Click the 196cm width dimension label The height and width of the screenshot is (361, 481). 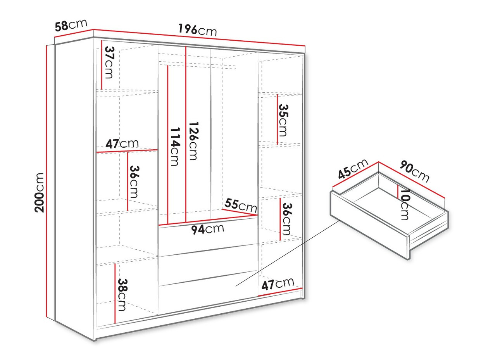pos(197,29)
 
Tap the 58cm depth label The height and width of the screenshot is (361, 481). pos(71,25)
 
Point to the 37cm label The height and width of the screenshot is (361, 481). pos(109,62)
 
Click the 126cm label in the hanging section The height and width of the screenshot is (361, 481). pos(193,140)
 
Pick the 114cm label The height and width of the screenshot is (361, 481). pos(174,147)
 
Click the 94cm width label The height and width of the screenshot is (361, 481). pos(208,229)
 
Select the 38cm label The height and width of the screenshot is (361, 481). pos(122,294)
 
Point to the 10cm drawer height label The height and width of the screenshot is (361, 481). pos(405,204)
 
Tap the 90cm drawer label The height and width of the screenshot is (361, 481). pos(414,171)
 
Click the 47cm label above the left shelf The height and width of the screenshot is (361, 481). pos(122,144)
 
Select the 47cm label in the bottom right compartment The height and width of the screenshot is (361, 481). pos(278,284)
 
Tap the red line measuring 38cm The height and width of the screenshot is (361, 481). pos(116,293)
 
